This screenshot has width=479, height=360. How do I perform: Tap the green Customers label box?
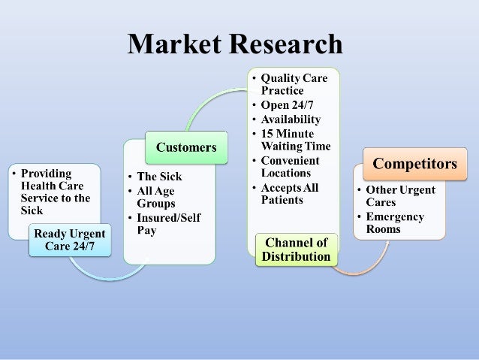(x=185, y=147)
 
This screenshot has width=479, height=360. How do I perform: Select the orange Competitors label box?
(x=414, y=163)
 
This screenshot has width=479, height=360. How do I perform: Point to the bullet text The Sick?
(x=158, y=177)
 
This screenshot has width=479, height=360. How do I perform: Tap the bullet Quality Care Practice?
(x=294, y=84)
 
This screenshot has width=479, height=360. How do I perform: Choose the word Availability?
(x=291, y=119)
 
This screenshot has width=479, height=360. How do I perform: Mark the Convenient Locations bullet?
(x=290, y=167)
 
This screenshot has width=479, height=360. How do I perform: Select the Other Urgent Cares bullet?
(x=400, y=195)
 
